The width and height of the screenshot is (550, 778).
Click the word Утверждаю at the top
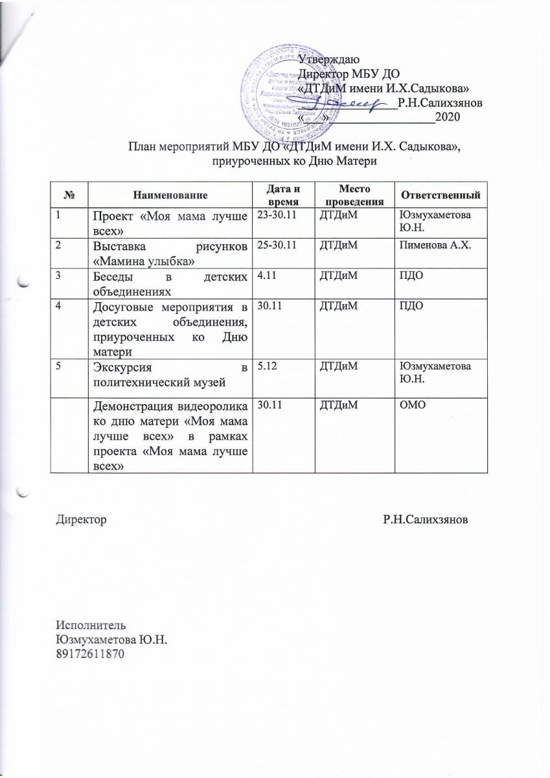[338, 60]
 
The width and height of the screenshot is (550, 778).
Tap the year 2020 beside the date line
[448, 117]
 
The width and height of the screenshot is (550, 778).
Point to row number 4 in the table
[58, 305]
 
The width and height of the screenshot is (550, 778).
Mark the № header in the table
[69, 194]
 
